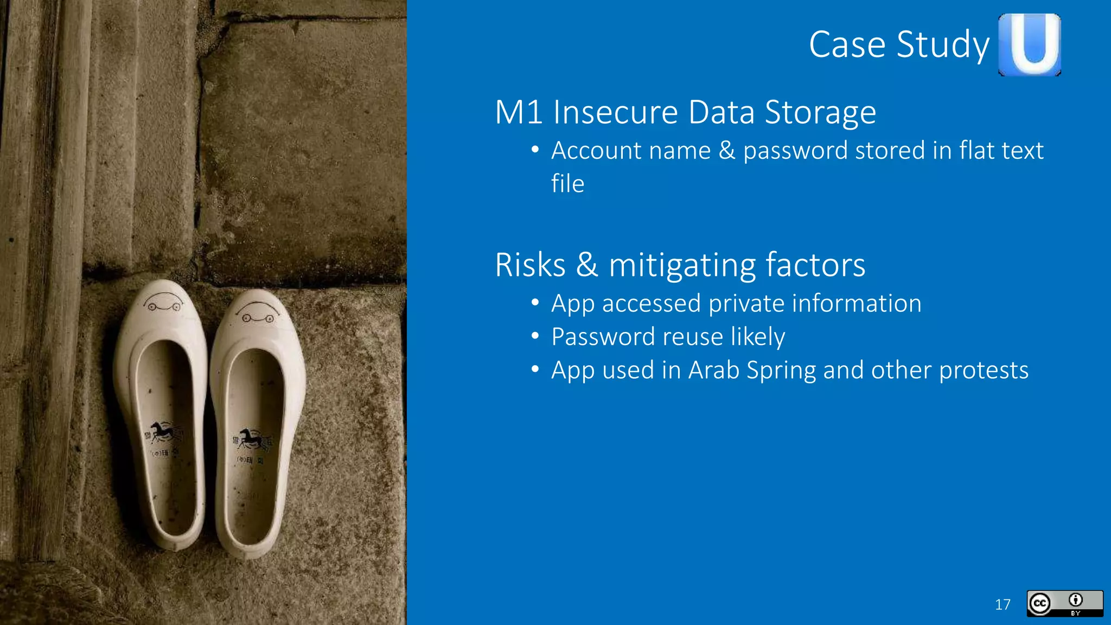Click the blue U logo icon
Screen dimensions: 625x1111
(1030, 44)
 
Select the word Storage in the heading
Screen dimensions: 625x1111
(820, 113)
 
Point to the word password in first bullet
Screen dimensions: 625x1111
(795, 151)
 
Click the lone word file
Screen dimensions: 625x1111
(567, 183)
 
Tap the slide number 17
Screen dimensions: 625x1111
(1003, 604)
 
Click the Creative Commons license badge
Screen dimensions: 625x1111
(1064, 603)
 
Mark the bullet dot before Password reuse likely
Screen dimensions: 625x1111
(535, 336)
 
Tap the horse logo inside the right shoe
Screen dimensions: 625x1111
(251, 438)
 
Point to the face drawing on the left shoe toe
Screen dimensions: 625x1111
(163, 303)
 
